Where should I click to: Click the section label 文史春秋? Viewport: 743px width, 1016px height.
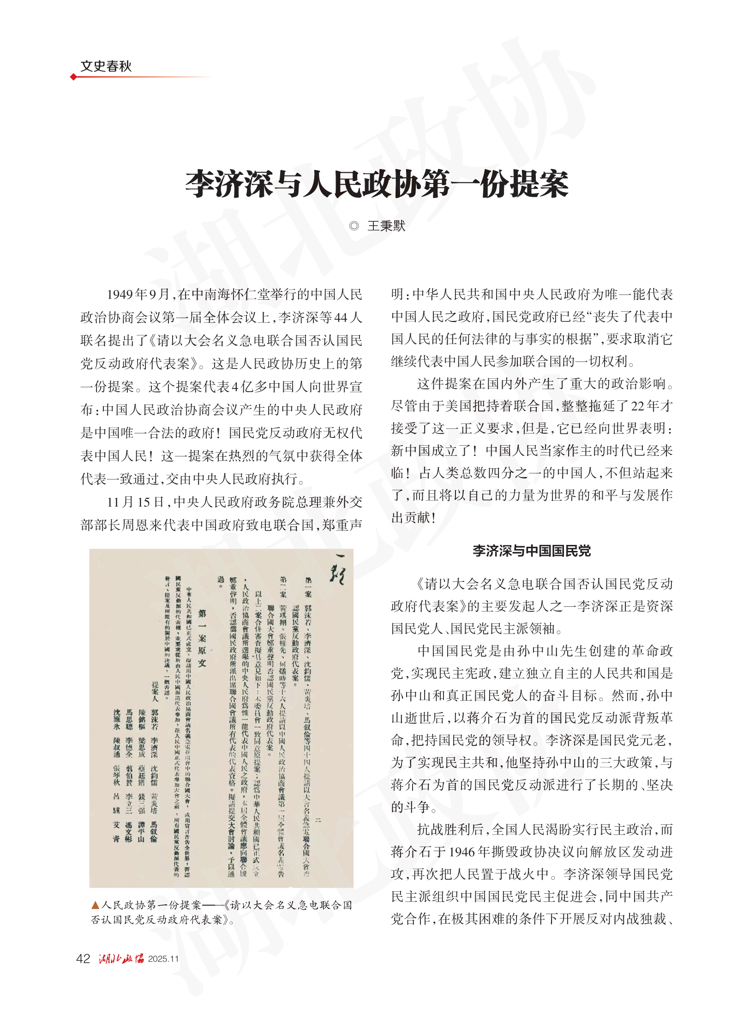click(x=106, y=67)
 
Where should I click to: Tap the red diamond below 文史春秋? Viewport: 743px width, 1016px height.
click(x=73, y=77)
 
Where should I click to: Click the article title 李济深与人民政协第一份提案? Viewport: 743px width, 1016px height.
click(x=376, y=184)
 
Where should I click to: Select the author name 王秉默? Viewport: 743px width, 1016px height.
click(x=386, y=226)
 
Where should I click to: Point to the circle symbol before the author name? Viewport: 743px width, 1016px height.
click(x=354, y=226)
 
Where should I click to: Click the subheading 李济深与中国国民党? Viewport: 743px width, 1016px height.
click(x=531, y=550)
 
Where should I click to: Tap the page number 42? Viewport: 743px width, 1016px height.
click(x=83, y=959)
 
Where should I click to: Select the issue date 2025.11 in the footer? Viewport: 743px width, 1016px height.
click(x=163, y=959)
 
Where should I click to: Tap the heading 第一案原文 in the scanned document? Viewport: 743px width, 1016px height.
click(x=202, y=637)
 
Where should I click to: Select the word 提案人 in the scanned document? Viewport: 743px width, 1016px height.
click(x=155, y=691)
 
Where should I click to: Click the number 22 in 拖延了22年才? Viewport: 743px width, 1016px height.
click(x=638, y=406)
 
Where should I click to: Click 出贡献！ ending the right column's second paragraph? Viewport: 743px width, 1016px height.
click(x=413, y=517)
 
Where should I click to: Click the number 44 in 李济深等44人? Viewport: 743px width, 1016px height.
click(x=341, y=318)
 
